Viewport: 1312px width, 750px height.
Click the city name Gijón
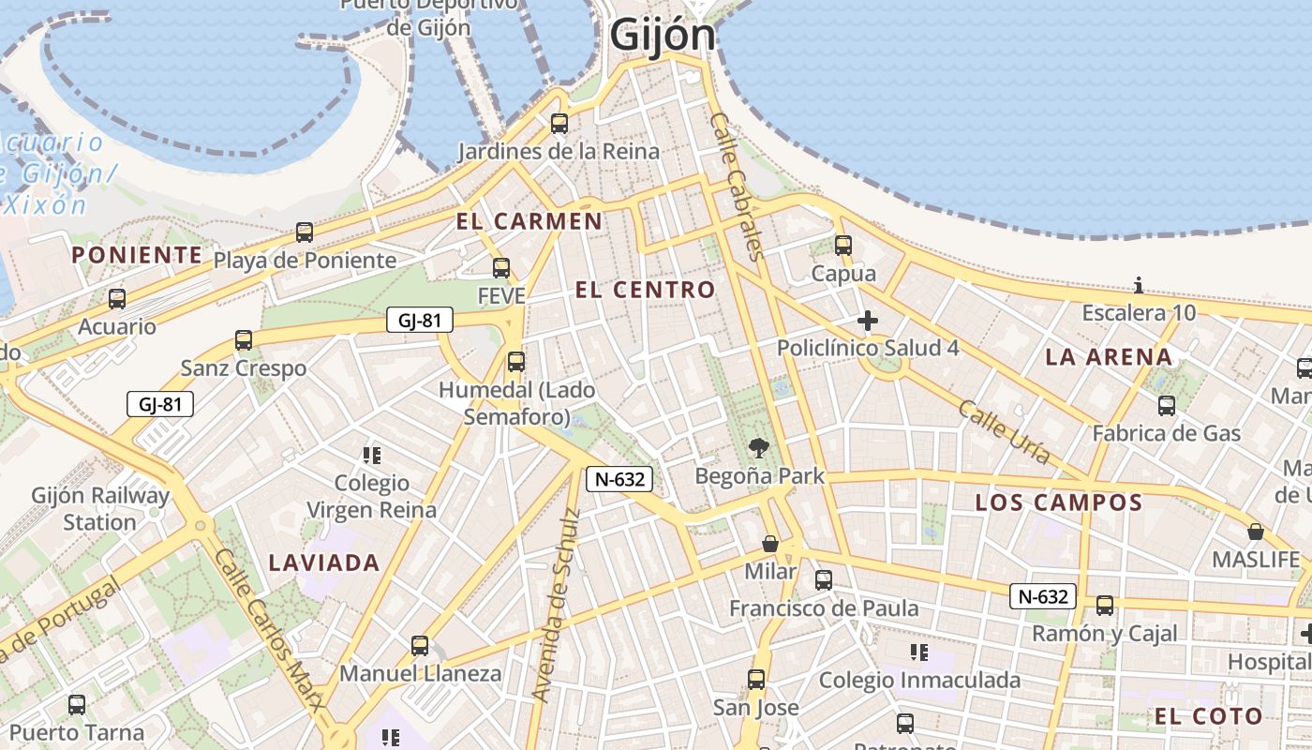pyautogui.click(x=663, y=37)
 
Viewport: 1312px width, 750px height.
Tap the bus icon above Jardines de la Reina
pyautogui.click(x=559, y=123)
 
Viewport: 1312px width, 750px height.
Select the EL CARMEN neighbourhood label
pyautogui.click(x=529, y=222)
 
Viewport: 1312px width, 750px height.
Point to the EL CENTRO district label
pyautogui.click(x=645, y=290)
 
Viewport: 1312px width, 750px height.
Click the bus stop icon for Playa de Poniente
pyautogui.click(x=305, y=232)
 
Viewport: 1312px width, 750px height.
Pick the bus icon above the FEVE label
pyautogui.click(x=501, y=268)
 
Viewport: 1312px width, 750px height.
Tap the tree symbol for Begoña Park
pyautogui.click(x=759, y=448)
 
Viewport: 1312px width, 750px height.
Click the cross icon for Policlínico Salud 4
pyautogui.click(x=868, y=321)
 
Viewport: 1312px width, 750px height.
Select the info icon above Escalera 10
pyautogui.click(x=1139, y=285)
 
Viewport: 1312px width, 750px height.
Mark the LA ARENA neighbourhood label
pyautogui.click(x=1109, y=357)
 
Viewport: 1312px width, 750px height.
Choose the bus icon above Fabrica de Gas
pyautogui.click(x=1167, y=406)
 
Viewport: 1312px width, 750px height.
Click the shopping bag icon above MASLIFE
pyautogui.click(x=1256, y=532)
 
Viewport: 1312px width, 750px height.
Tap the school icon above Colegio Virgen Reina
pyautogui.click(x=372, y=456)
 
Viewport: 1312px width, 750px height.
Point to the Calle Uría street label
pyautogui.click(x=1004, y=432)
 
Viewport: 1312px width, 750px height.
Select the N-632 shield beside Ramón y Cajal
pyautogui.click(x=1042, y=596)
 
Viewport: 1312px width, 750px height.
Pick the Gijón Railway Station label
pyautogui.click(x=100, y=508)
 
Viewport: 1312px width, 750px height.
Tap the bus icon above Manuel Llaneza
pyautogui.click(x=420, y=645)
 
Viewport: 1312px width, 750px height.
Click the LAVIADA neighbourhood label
pyautogui.click(x=324, y=563)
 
